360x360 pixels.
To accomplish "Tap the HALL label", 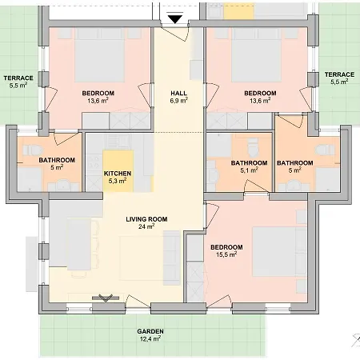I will click(178, 94).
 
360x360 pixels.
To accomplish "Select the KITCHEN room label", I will click(118, 174).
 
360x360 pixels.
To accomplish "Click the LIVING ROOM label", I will click(146, 218).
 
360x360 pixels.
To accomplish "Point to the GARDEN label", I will click(150, 331).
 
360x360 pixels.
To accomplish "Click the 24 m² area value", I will click(146, 226).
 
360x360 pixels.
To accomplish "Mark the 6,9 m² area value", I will click(178, 102).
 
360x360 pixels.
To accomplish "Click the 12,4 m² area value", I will click(150, 339).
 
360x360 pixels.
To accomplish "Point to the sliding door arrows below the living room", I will click(105, 298).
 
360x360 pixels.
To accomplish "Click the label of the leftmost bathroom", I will click(57, 160).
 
